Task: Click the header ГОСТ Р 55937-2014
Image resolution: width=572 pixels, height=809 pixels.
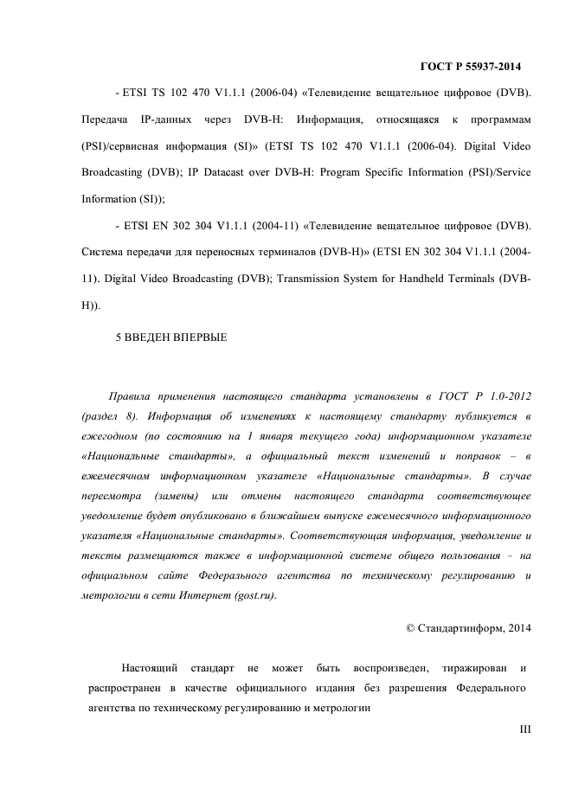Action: pyautogui.click(x=470, y=66)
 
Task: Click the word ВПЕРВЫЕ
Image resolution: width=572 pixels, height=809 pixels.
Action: pyautogui.click(x=198, y=337)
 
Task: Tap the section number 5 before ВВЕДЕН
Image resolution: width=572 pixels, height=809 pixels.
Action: pyautogui.click(x=119, y=337)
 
